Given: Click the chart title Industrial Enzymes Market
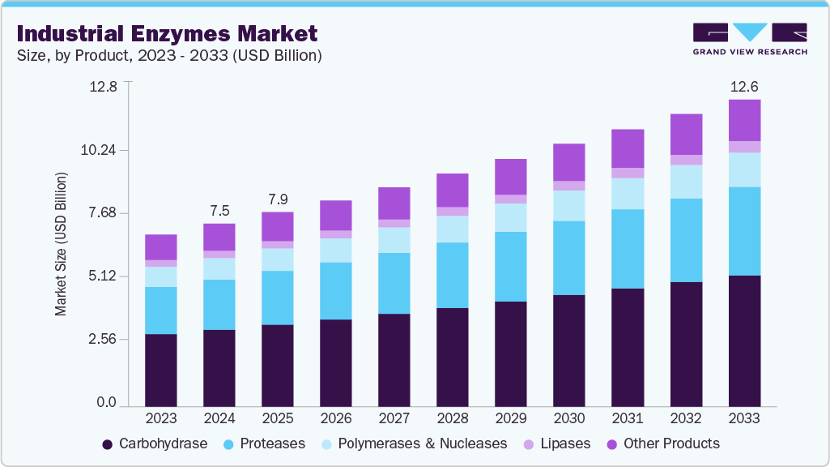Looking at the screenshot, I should click(166, 33).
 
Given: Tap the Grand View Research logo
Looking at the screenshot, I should click(749, 38).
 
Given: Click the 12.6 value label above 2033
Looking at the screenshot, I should click(743, 87).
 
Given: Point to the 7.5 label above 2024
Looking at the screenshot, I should click(219, 211).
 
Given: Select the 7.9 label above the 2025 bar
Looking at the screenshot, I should click(278, 199).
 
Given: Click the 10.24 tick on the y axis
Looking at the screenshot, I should click(103, 150).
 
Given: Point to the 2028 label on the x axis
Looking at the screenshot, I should click(452, 418).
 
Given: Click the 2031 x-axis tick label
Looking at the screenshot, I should click(628, 418).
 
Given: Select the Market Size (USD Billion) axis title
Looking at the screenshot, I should click(61, 244).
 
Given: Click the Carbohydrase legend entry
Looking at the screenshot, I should click(154, 443).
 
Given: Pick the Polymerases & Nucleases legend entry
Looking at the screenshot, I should click(413, 443).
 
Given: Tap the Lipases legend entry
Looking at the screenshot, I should click(558, 443).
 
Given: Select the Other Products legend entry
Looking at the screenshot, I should click(662, 443).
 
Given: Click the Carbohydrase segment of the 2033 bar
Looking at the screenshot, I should click(743, 341).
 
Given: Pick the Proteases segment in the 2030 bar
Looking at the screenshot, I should click(568, 258).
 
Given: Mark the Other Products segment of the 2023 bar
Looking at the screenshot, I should click(161, 247).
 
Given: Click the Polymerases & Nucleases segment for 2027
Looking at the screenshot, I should click(394, 240).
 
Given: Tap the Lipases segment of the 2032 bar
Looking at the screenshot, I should click(685, 160).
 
